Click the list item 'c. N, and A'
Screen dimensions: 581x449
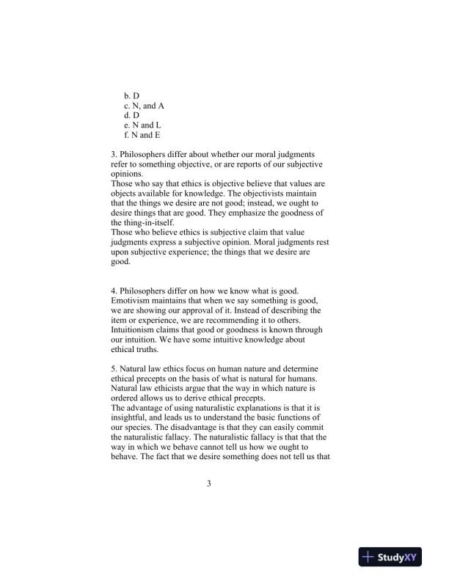coord(144,106)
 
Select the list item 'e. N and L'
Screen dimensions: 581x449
coord(142,125)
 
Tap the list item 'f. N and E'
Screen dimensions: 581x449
coord(142,135)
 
